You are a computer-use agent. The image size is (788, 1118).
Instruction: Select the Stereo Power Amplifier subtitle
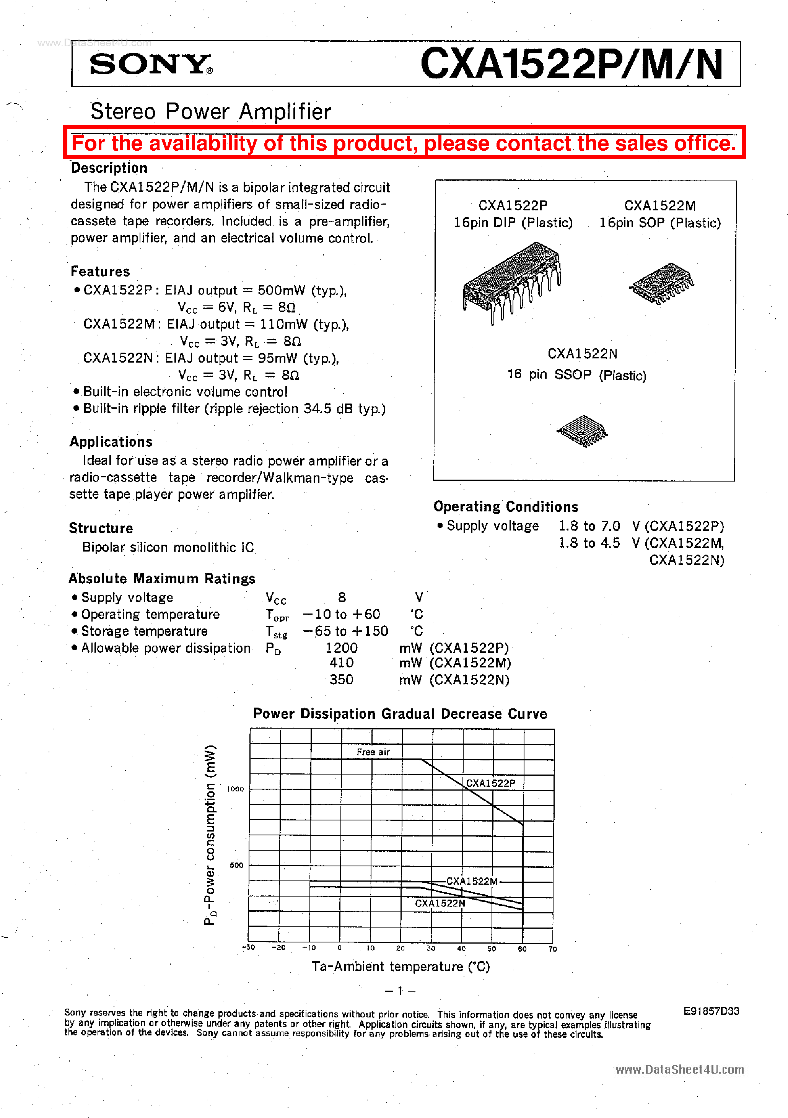coord(210,112)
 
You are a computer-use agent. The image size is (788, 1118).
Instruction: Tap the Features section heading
coord(100,271)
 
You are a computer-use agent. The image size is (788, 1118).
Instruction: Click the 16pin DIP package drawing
coord(511,282)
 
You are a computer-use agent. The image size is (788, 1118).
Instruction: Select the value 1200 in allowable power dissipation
coord(341,648)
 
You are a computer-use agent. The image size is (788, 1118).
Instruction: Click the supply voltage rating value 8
coord(342,597)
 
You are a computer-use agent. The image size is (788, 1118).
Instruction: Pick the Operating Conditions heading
coord(506,506)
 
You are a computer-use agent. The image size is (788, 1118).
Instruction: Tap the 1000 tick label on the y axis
coord(236,789)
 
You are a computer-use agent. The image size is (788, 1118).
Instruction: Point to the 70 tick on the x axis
coord(552,949)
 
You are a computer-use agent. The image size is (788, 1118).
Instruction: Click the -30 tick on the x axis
coord(248,947)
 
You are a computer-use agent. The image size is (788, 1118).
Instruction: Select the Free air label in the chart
coord(373,752)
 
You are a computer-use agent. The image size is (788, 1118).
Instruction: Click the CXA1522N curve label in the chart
coord(440,903)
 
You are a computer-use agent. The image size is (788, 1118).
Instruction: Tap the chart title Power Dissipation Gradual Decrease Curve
coord(400,714)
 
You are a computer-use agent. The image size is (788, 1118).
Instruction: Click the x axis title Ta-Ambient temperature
coord(401,967)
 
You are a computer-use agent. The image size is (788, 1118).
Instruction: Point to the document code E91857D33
coord(711,1011)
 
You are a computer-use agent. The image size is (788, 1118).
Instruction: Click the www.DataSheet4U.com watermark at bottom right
coord(679,1069)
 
